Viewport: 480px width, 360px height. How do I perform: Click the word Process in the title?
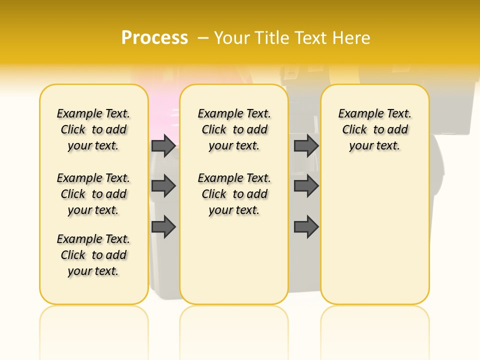pyautogui.click(x=154, y=38)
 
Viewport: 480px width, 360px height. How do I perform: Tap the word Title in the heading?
pyautogui.click(x=273, y=38)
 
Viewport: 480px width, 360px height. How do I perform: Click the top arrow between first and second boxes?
pyautogui.click(x=163, y=145)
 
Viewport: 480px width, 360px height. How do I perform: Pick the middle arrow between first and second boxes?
pyautogui.click(x=163, y=186)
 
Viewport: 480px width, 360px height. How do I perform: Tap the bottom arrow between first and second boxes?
pyautogui.click(x=163, y=227)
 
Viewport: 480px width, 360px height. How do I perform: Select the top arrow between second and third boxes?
pyautogui.click(x=306, y=145)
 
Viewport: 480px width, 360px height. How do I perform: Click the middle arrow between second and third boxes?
pyautogui.click(x=306, y=186)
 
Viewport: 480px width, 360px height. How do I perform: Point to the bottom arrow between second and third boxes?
pyautogui.click(x=306, y=227)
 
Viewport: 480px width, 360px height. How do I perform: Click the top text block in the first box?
pyautogui.click(x=93, y=129)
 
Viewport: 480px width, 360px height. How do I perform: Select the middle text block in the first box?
pyautogui.click(x=93, y=194)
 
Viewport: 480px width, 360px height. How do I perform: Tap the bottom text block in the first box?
pyautogui.click(x=93, y=255)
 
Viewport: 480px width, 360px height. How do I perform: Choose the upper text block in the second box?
pyautogui.click(x=234, y=129)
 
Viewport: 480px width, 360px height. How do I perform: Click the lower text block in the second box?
pyautogui.click(x=234, y=194)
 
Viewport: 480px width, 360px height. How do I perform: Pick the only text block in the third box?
pyautogui.click(x=375, y=129)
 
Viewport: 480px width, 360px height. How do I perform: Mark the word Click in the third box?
pyautogui.click(x=354, y=130)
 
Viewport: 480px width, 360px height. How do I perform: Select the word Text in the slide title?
pyautogui.click(x=310, y=38)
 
